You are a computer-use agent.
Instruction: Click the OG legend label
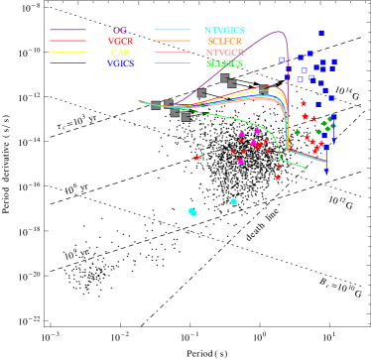click(120, 31)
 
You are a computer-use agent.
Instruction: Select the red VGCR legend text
click(120, 42)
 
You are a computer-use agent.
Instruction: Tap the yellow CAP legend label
click(120, 53)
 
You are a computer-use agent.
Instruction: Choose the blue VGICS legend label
click(120, 63)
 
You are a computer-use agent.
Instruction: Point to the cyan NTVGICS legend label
click(224, 31)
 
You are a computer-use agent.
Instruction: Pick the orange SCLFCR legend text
click(224, 42)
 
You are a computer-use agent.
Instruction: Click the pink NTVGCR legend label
click(224, 53)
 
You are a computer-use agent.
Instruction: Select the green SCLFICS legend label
click(224, 63)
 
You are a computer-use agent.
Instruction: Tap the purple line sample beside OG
click(67, 31)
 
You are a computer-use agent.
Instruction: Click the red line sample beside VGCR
click(67, 42)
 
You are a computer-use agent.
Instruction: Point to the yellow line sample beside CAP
click(67, 53)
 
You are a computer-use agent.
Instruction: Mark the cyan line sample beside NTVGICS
click(173, 31)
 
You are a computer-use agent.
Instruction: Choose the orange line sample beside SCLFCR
click(173, 42)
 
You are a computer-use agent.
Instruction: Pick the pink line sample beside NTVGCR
click(173, 53)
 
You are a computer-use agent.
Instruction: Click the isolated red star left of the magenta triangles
click(196, 158)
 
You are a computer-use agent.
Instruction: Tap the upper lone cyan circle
click(234, 201)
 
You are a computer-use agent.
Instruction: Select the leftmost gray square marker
click(156, 105)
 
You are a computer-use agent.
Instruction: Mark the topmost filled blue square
click(321, 33)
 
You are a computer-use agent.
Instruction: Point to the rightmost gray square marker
click(263, 89)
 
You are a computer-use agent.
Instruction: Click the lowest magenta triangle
click(240, 161)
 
